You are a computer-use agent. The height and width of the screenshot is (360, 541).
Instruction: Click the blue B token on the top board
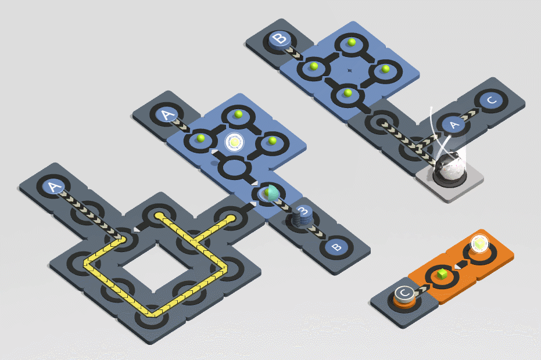coord(280,40)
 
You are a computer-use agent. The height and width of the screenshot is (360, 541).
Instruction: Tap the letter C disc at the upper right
coord(492,100)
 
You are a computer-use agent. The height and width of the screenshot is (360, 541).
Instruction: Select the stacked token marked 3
coord(302,216)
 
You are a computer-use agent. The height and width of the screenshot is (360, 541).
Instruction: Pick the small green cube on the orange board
coord(442,275)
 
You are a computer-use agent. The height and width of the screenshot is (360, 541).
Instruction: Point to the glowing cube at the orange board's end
coord(479,243)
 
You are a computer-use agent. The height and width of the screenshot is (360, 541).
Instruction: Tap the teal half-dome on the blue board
coord(271,193)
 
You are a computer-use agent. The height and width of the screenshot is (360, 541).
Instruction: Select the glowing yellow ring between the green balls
coord(235,142)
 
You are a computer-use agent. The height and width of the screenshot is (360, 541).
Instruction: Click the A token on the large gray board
coord(53,188)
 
